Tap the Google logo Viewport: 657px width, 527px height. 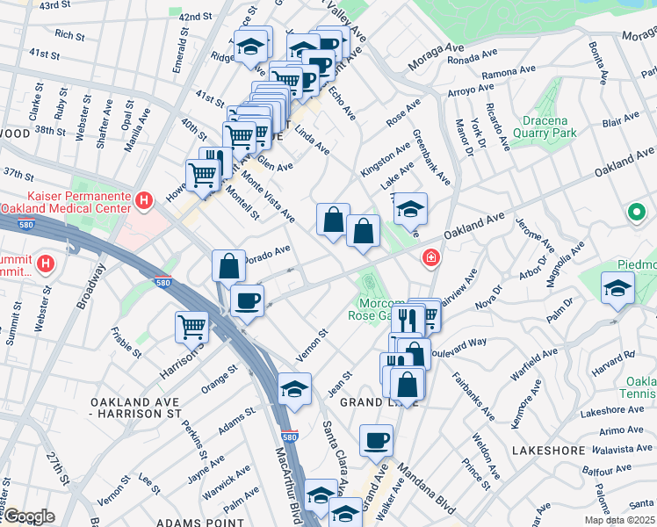(29, 516)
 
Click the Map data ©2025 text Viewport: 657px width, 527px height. (618, 520)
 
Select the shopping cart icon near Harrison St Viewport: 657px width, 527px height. (191, 327)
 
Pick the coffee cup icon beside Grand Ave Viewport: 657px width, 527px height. (376, 439)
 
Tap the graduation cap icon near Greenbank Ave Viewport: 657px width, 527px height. (410, 208)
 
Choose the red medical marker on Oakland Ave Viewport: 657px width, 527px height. (430, 257)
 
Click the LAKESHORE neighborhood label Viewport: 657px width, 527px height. (547, 451)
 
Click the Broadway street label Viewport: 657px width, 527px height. (91, 289)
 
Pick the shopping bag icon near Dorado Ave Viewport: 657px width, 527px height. (228, 264)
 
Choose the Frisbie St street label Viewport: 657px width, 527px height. (127, 343)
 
